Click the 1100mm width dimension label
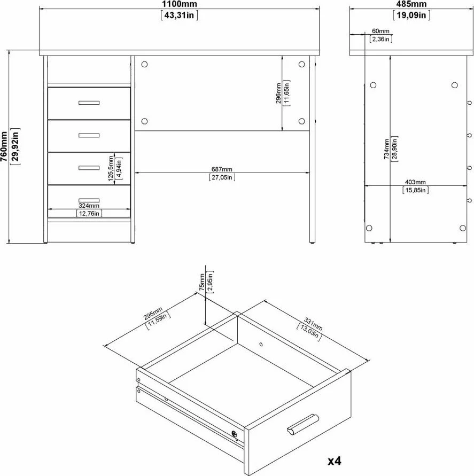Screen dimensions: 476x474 [179, 4]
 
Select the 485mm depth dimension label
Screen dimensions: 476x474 [411, 4]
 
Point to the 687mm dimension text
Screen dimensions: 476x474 [222, 169]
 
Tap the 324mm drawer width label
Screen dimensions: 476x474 [89, 206]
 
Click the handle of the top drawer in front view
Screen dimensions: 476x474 [89, 103]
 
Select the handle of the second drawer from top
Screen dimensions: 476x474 [89, 135]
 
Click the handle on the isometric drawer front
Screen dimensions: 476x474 [302, 423]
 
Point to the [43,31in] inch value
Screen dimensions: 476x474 [179, 15]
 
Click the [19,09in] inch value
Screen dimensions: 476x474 [411, 15]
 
